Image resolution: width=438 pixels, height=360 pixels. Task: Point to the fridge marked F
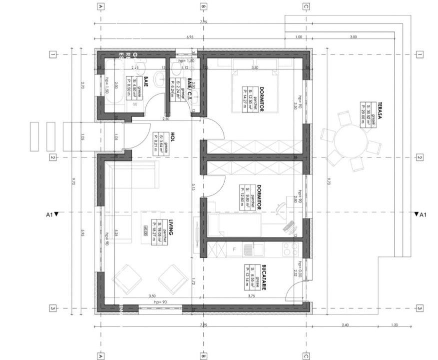tap(233, 248)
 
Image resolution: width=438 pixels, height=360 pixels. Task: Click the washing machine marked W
tap(135, 105)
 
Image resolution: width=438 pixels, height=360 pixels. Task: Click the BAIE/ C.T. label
tap(189, 89)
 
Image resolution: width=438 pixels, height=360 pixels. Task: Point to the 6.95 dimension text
tap(190, 37)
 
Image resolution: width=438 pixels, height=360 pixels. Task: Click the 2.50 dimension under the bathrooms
tap(165, 118)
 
